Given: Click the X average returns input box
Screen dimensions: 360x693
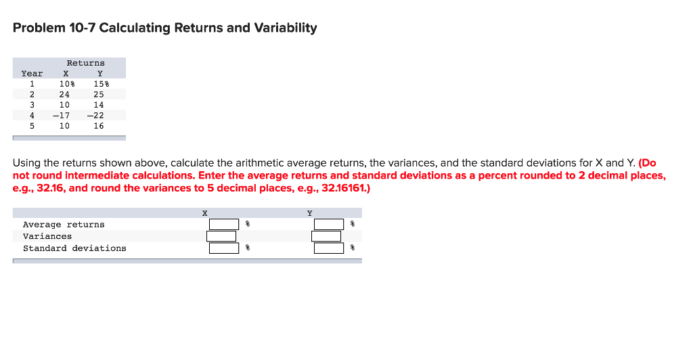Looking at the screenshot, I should (224, 225).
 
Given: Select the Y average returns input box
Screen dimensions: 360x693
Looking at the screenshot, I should (329, 225).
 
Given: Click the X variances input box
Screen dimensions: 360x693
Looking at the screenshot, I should (221, 236).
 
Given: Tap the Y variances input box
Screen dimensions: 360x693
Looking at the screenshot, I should (326, 236).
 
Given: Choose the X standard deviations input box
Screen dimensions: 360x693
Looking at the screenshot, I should (224, 248).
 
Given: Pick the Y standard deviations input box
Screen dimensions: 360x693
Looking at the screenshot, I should (329, 248).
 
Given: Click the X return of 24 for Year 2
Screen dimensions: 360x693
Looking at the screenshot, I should (64, 95).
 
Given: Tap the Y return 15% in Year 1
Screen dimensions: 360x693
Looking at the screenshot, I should (100, 84).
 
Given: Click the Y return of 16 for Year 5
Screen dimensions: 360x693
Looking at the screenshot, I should (99, 126).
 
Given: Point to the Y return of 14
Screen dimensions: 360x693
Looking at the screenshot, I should (99, 105).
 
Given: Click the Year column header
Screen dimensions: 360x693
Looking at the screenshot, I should (32, 74).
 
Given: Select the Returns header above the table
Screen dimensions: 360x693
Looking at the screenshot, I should (85, 63).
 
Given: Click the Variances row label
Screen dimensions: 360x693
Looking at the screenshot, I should (47, 236).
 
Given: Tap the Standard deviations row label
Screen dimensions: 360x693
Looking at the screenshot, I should (74, 248).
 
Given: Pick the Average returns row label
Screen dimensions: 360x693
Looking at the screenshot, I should (64, 225).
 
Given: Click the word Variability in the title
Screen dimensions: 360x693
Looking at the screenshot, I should (284, 28).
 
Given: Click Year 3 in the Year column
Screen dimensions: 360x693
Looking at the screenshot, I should (32, 105).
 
